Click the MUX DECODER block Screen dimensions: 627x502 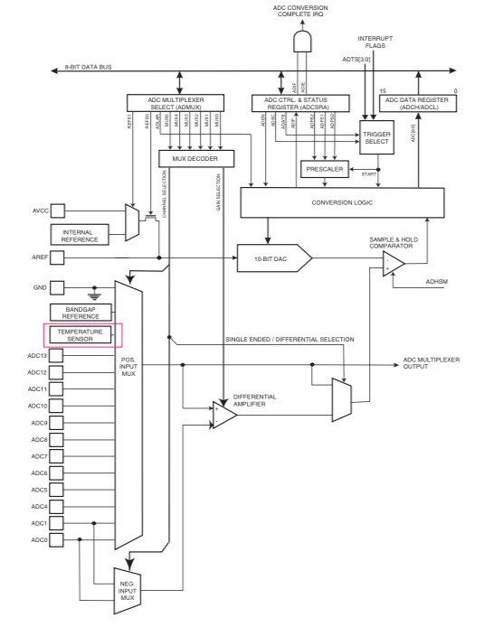coord(196,158)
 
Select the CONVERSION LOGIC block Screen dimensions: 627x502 coord(341,202)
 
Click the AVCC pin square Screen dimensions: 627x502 coord(57,211)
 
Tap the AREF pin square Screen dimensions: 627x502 coord(57,257)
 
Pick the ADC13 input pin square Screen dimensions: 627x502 coord(57,355)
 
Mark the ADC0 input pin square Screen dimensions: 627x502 coord(57,540)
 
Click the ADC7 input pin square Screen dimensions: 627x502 coord(57,456)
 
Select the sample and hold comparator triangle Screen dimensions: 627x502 coord(393,263)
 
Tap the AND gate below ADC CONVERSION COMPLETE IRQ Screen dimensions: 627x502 coord(302,42)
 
